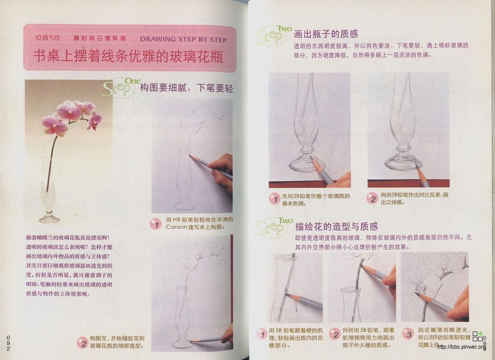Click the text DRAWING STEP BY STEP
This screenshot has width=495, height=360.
[x=183, y=39]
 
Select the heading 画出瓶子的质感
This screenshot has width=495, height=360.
[x=326, y=34]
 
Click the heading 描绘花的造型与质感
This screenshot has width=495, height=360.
[x=336, y=226]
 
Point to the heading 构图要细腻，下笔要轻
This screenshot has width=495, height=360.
[x=186, y=88]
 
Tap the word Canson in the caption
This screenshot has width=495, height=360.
[x=175, y=227]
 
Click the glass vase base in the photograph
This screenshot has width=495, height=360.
[x=49, y=218]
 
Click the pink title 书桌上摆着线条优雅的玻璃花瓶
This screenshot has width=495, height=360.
[x=128, y=57]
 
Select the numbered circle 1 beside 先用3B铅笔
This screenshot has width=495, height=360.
[x=274, y=198]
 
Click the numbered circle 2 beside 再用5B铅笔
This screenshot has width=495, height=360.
[x=371, y=198]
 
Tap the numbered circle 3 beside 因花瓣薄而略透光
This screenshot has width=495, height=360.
[x=408, y=334]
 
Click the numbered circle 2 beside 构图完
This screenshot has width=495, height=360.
[x=81, y=342]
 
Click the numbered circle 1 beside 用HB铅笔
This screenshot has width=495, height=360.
[x=156, y=223]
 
